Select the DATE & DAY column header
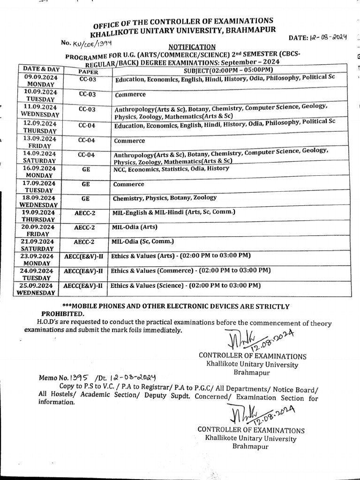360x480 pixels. pyautogui.click(x=41, y=69)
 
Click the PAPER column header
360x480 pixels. pyautogui.click(x=88, y=72)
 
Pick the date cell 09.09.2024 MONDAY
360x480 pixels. pyautogui.click(x=40, y=80)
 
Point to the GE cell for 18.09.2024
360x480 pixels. pyautogui.click(x=85, y=198)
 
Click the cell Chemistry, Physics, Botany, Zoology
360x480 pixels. pyautogui.click(x=165, y=198)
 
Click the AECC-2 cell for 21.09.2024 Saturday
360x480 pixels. pyautogui.click(x=84, y=242)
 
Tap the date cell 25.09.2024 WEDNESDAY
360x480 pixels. pyautogui.click(x=36, y=289)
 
